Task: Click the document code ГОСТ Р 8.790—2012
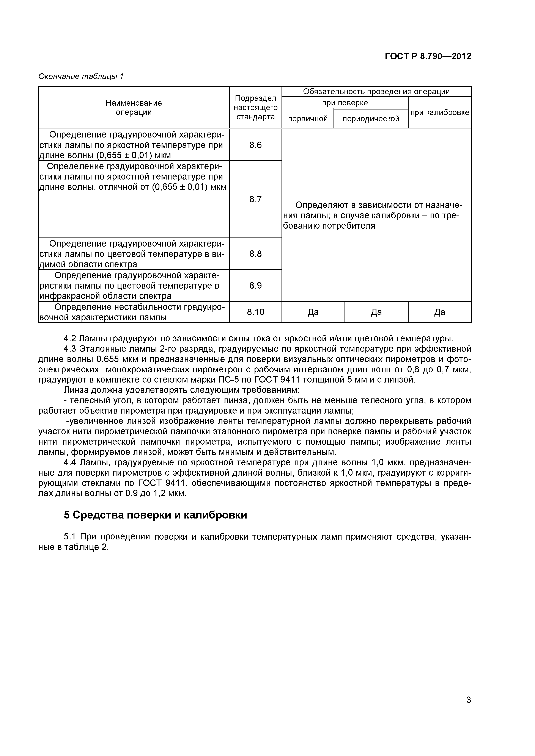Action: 428,56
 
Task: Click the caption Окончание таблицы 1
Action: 81,76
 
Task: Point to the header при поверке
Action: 345,103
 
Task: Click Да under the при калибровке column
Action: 439,312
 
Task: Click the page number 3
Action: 468,709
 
